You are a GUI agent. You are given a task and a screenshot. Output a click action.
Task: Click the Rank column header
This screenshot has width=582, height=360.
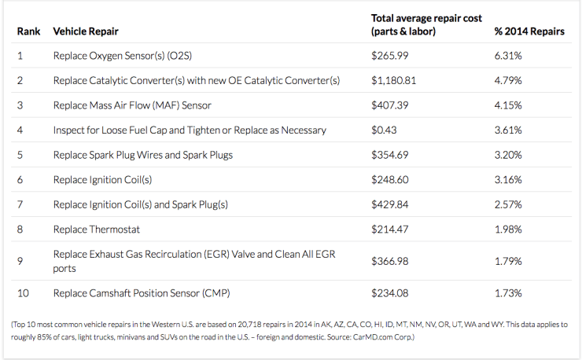28,32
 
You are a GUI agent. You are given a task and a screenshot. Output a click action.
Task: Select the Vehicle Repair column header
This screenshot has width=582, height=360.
86,32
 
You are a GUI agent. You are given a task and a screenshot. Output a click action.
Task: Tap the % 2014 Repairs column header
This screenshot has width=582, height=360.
529,32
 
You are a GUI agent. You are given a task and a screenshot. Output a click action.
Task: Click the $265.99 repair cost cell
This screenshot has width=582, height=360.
390,57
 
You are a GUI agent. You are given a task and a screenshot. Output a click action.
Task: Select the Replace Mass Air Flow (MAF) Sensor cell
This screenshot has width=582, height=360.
132,105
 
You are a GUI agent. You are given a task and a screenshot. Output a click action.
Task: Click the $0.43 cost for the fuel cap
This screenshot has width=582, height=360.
384,130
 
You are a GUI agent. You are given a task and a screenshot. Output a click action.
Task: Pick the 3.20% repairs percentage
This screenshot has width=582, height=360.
508,155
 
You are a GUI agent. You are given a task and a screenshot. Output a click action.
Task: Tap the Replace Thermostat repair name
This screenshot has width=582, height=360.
98,229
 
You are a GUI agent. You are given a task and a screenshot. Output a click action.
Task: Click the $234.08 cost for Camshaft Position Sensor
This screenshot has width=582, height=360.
390,293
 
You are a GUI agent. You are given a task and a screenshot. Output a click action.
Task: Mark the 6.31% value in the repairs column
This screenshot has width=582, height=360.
508,57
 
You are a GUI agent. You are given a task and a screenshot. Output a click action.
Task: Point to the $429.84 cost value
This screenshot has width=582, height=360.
390,204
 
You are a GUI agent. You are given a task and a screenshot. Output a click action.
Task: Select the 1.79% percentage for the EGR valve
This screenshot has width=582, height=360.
508,261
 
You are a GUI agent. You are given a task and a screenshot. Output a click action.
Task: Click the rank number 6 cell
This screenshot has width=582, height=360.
20,179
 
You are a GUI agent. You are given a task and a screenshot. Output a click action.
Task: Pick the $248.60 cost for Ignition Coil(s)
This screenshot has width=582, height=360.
390,179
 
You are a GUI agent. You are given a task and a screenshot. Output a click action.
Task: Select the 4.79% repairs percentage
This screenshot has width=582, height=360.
508,81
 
